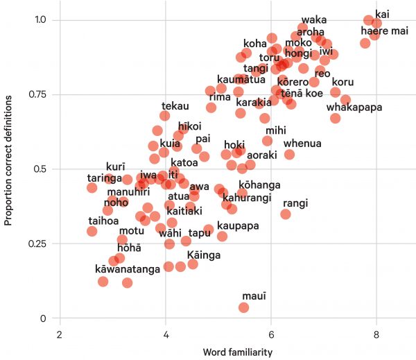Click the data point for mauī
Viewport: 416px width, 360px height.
[243, 307]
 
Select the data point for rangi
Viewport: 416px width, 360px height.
[285, 214]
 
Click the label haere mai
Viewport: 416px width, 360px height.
[384, 31]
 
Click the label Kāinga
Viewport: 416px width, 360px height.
[203, 255]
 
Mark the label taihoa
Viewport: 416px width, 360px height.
[103, 221]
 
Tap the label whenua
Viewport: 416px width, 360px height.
[302, 144]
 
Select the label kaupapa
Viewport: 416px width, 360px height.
[238, 226]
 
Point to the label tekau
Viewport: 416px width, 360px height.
[175, 105]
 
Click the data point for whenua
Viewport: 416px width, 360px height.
[289, 154]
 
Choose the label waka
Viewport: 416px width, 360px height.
[314, 19]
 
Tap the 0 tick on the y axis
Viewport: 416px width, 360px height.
[45, 318]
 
